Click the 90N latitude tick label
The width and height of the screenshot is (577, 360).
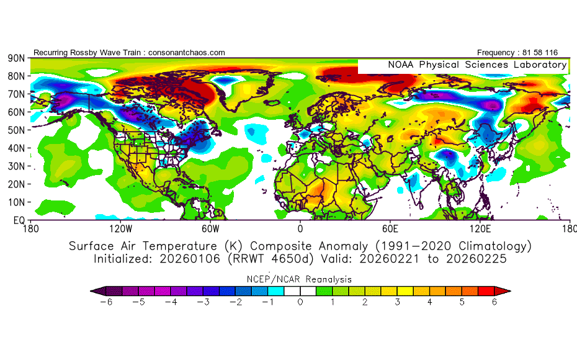(16, 58)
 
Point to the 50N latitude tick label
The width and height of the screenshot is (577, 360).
(16, 130)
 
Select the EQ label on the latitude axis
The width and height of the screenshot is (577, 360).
(18, 220)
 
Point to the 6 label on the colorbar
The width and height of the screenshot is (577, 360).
(495, 302)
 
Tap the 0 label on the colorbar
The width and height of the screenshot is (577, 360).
(300, 302)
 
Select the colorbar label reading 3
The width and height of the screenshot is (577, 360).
(398, 302)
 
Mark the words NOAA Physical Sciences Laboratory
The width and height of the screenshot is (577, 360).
(477, 65)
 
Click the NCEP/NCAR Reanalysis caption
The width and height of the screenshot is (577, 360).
(300, 279)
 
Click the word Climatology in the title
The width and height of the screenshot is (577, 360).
(486, 246)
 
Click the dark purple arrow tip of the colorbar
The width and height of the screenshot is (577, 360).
(94, 290)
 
